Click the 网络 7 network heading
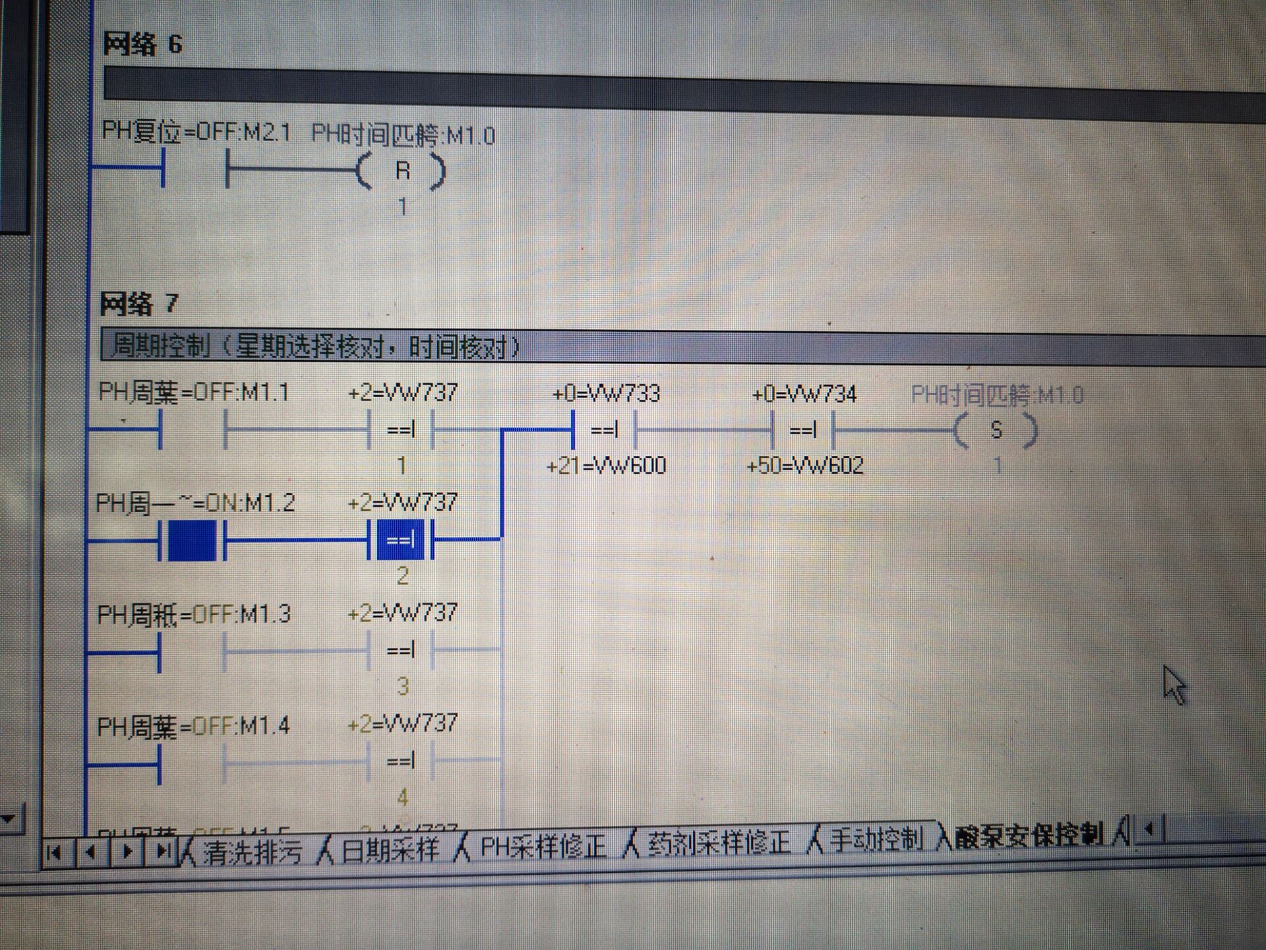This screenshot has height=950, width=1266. [x=139, y=304]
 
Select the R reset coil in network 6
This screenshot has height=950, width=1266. [x=402, y=171]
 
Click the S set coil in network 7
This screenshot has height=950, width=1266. [x=996, y=431]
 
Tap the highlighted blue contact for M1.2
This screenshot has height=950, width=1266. [x=192, y=541]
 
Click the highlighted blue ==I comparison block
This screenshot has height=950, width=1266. [x=400, y=541]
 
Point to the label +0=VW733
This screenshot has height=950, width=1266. [x=606, y=394]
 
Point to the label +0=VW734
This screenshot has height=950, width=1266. [x=804, y=395]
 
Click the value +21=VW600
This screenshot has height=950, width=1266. [x=607, y=466]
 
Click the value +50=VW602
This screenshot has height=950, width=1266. [x=805, y=466]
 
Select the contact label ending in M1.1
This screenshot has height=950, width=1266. [x=194, y=393]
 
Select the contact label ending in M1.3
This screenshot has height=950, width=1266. [x=194, y=615]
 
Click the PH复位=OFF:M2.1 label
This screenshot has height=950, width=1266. [x=196, y=133]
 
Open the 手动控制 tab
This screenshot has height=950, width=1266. [x=876, y=839]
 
